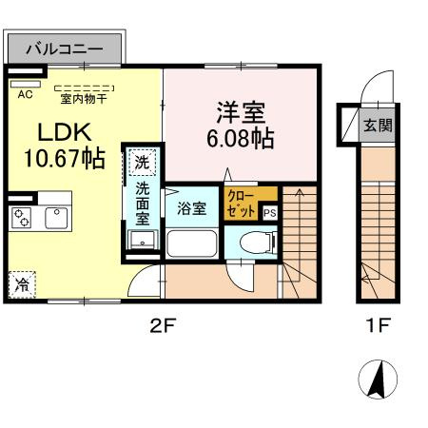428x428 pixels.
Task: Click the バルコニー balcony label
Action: pos(63,46)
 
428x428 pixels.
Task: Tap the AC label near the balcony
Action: pos(25,93)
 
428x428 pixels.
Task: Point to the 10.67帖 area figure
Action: pos(57,158)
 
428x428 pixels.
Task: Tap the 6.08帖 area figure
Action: pos(239,140)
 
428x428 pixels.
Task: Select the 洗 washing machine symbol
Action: pos(141,163)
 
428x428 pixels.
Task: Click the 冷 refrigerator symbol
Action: pos(22,284)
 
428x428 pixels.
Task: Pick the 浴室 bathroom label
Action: pos(192,208)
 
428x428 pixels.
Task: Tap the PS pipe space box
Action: pos(269,213)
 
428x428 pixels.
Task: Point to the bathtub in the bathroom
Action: pos(194,243)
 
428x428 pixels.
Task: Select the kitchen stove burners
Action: pos(21,218)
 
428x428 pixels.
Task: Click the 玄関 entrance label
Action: pos(379,125)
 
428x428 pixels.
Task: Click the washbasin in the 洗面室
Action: pos(141,242)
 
